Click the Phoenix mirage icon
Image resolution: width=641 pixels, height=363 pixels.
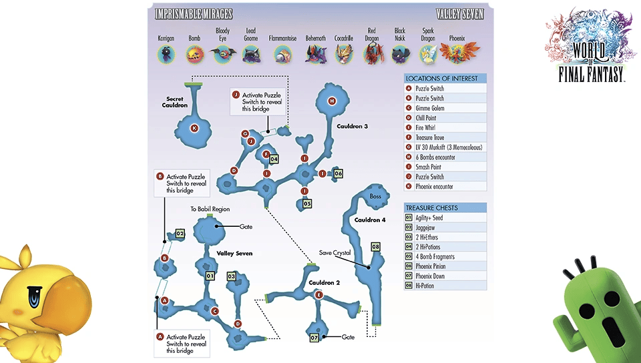coord(457,53)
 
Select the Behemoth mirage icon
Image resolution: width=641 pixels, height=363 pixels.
coord(314,54)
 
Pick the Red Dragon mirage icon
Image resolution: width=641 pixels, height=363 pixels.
coord(372,54)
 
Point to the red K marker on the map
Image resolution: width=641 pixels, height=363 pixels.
coord(194,127)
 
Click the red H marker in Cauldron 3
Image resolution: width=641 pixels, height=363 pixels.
coord(332,101)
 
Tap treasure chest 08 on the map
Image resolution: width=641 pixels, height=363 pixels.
coord(375,248)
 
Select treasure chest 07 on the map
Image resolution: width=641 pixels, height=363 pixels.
coord(314,337)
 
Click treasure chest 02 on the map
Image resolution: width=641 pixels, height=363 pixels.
coord(180,234)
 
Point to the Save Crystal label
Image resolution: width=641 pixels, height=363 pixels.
coord(335,253)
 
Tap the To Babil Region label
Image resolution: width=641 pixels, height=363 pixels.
coord(210,209)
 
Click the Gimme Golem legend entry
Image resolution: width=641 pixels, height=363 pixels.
coord(428,108)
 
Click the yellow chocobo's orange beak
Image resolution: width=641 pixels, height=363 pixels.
coord(64,296)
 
